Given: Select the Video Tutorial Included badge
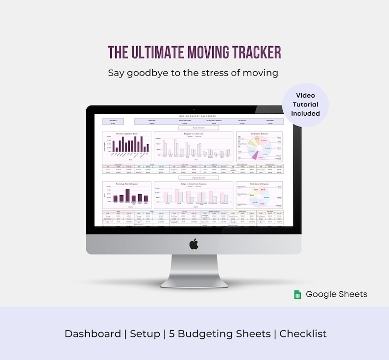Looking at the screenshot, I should [x=305, y=104].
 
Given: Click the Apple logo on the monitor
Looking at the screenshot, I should [x=194, y=244].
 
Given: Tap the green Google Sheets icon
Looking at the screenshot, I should [x=297, y=294].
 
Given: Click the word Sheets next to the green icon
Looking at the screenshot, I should [x=352, y=294].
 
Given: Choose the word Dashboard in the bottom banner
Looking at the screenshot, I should [x=93, y=334].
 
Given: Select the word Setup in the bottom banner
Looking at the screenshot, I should [x=145, y=334].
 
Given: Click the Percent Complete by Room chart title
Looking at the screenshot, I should [x=127, y=133].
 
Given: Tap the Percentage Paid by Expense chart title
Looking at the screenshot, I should [x=127, y=184].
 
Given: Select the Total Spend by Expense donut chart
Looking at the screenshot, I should [x=259, y=197].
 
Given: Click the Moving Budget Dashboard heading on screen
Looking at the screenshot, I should [x=194, y=116].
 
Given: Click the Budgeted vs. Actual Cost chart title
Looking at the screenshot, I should [x=194, y=133].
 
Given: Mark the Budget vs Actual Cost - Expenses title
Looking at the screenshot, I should [x=194, y=184].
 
